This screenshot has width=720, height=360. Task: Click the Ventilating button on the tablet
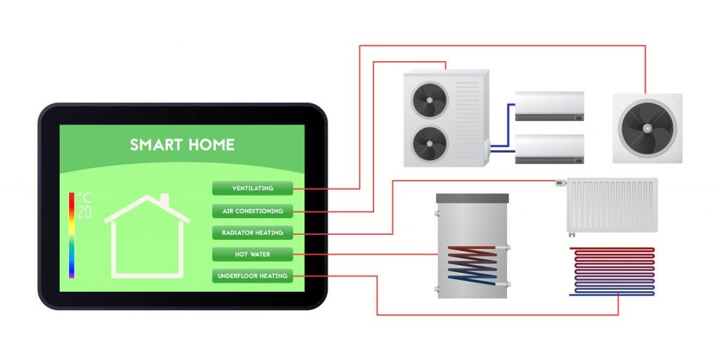(x=252, y=188)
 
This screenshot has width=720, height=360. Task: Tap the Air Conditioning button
(x=252, y=211)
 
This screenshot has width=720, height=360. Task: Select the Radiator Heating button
(x=252, y=233)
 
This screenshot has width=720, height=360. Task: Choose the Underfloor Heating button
(x=252, y=276)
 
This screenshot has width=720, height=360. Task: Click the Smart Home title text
(x=182, y=146)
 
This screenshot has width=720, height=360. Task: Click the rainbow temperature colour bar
(x=71, y=236)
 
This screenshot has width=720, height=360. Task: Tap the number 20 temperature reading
(x=84, y=212)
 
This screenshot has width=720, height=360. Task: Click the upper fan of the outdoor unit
(x=430, y=100)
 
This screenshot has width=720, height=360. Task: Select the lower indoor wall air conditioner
(x=549, y=148)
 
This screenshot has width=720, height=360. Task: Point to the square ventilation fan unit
(x=647, y=128)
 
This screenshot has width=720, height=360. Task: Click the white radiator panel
(x=612, y=205)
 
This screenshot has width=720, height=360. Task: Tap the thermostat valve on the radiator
(x=560, y=183)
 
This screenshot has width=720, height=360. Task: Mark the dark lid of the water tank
(x=472, y=198)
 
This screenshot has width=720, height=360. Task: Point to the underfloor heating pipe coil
(x=611, y=271)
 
